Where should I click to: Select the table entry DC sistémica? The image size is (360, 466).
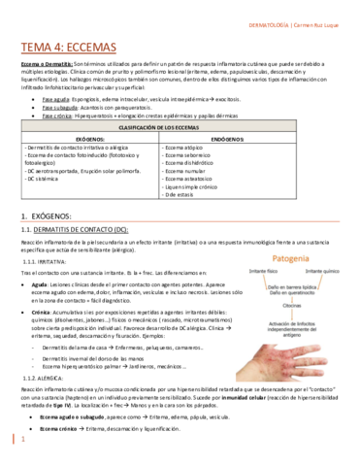44,179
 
